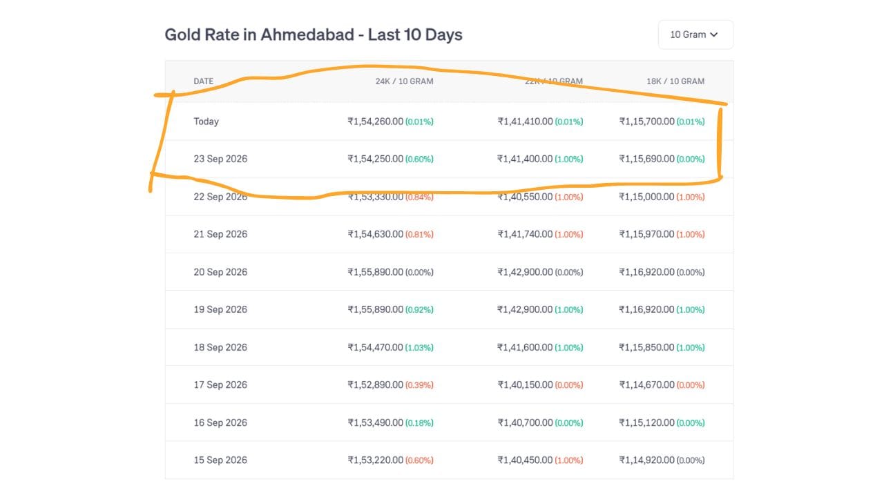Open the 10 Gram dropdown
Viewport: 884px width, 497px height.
pos(695,35)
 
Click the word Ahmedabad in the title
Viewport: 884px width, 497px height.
pos(307,35)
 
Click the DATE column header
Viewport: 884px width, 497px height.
pos(203,81)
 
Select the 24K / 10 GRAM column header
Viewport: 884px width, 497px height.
pos(404,81)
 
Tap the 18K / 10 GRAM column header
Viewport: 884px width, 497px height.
pos(675,81)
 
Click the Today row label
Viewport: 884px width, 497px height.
pos(206,121)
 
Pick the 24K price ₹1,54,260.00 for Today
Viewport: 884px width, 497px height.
pos(375,121)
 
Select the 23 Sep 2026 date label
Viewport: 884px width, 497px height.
pos(220,159)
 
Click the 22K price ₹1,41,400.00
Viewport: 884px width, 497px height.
pos(525,159)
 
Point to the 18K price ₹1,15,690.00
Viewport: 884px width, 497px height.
pos(646,159)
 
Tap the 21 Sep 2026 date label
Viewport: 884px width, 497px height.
pos(220,234)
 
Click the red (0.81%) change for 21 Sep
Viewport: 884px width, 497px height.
pos(419,234)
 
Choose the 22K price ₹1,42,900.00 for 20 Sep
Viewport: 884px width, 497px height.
pos(525,272)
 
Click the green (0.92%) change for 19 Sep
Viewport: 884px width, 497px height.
pos(419,310)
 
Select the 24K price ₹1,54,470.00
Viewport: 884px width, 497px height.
pos(375,347)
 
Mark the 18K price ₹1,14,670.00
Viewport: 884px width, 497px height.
pos(646,385)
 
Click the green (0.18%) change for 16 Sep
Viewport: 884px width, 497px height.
pos(419,423)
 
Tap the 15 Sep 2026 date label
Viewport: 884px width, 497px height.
pos(220,460)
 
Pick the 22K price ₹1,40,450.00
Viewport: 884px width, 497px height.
pos(525,460)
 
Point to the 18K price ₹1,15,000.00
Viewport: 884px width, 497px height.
pos(646,197)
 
